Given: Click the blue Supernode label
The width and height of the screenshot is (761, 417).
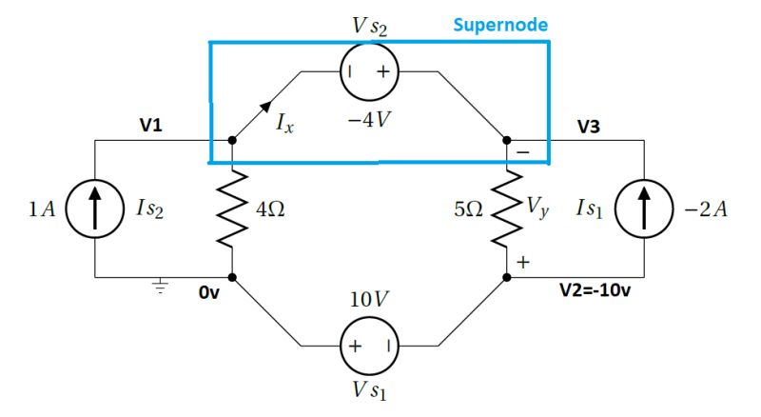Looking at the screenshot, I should point(499,26).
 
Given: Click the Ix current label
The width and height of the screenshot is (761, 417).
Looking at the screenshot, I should point(284,124).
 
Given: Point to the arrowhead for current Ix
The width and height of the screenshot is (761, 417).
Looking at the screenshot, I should point(266,106).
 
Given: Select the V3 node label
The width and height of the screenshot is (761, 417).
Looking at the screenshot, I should point(588,126).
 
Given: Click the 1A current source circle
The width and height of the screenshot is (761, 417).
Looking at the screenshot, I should point(95,209).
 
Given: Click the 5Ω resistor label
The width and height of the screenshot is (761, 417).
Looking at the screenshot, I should point(470,209).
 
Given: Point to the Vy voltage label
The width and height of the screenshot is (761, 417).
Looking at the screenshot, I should point(539,209).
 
